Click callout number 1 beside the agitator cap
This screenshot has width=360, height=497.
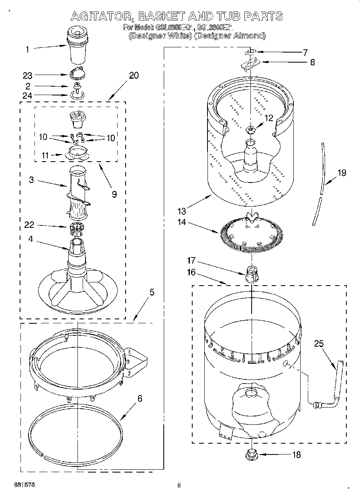tap(27, 50)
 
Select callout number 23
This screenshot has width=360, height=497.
tap(27, 75)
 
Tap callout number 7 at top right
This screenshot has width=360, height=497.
tap(305, 53)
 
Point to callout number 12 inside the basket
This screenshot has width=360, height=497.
tap(268, 118)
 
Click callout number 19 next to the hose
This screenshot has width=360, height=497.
tap(342, 173)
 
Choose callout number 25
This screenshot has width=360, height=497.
tap(319, 344)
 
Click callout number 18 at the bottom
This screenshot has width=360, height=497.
tap(297, 455)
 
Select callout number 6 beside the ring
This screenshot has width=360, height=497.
tap(140, 399)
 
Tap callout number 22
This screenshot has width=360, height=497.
tap(29, 225)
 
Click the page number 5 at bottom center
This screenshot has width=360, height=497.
tap(179, 485)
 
